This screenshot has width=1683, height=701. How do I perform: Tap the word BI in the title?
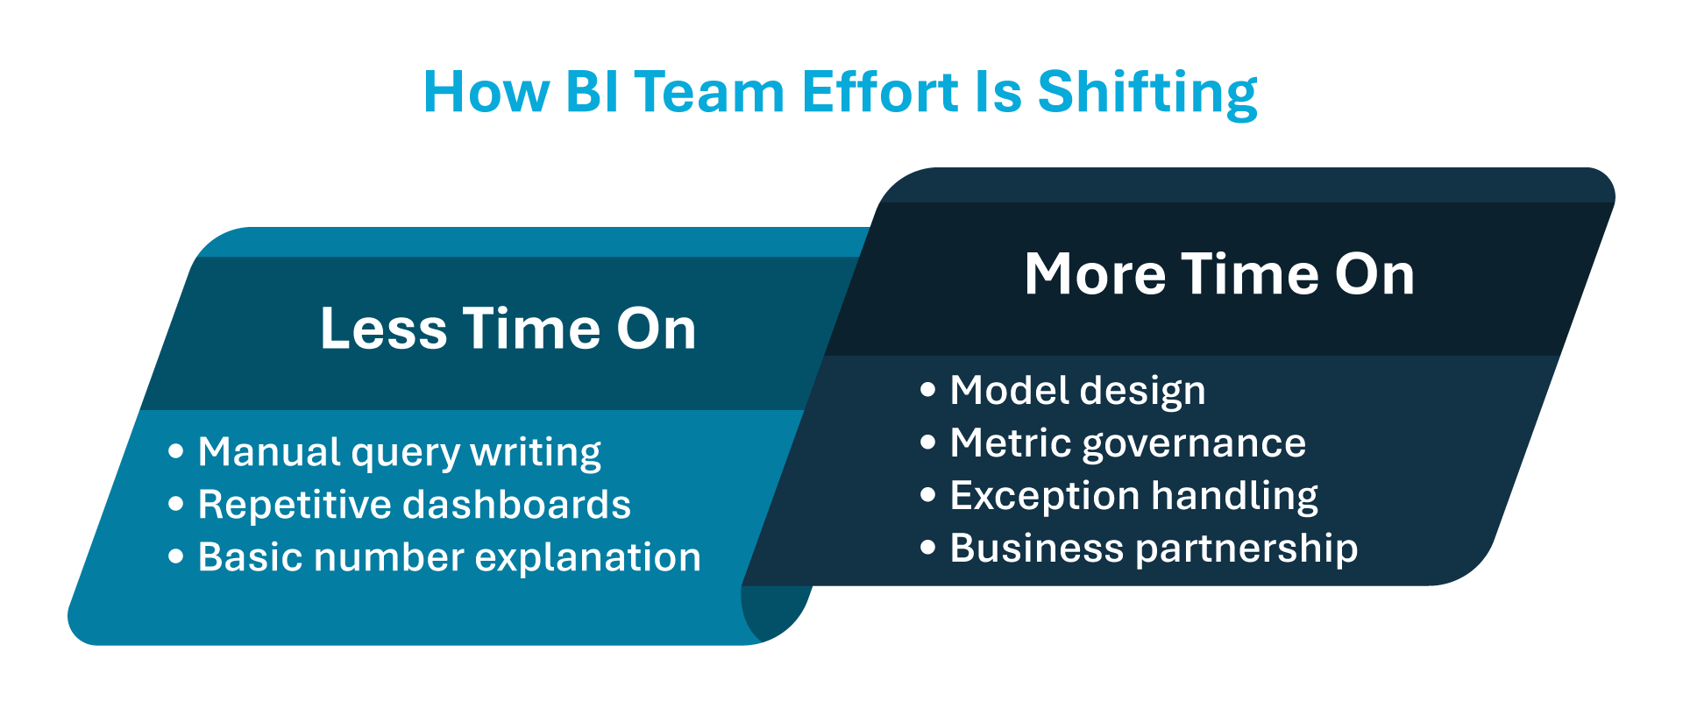point(592,93)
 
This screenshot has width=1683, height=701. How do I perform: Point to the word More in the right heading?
point(1095,275)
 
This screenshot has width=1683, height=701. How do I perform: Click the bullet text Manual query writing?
point(400,453)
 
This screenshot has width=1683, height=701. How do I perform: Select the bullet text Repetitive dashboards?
point(414,506)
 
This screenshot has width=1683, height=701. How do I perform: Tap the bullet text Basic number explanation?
point(449,558)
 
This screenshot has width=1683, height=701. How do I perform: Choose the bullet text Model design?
point(1077,391)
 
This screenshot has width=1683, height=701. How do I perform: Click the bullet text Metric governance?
point(1127,443)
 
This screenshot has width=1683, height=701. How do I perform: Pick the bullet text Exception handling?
point(1133,496)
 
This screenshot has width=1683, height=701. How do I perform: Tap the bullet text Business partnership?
point(1154,549)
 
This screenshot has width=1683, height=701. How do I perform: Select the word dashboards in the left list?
point(516,506)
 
